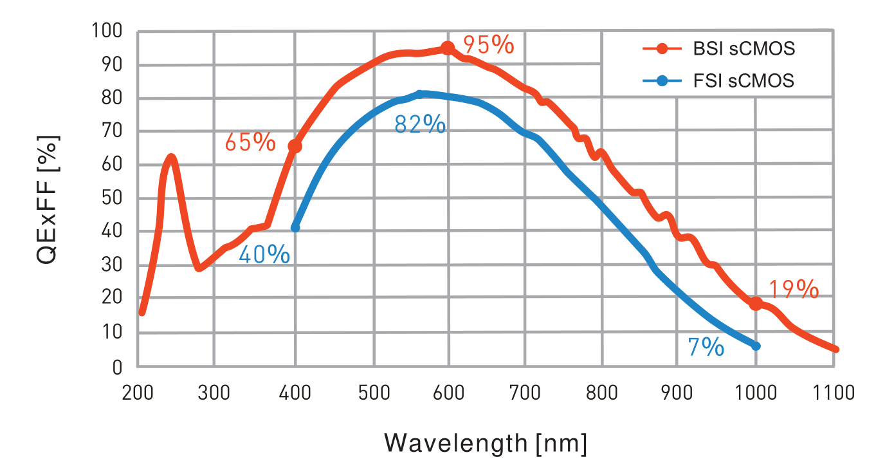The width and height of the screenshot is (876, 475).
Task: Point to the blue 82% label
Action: tap(420, 124)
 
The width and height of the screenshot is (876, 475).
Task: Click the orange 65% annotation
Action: tap(250, 142)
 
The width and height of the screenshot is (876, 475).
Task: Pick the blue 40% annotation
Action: tap(264, 255)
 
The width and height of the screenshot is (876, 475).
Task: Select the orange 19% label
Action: tap(794, 290)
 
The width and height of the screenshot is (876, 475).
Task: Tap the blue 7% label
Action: tap(706, 348)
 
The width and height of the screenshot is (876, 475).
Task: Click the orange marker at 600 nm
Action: tap(448, 48)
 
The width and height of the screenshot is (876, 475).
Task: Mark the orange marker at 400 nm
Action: tap(295, 147)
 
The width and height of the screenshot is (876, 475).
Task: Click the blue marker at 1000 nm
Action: tap(756, 346)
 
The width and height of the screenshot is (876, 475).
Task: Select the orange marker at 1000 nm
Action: tap(756, 304)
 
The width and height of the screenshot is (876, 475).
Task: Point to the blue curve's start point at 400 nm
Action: tap(295, 228)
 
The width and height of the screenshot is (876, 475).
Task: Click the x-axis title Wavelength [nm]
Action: tap(486, 443)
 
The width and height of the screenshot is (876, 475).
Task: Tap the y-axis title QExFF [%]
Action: tap(48, 200)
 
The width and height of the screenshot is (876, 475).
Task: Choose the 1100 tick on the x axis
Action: tap(834, 393)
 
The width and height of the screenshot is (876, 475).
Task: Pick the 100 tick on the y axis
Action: tap(107, 31)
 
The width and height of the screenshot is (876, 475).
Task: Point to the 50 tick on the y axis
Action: tap(113, 198)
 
